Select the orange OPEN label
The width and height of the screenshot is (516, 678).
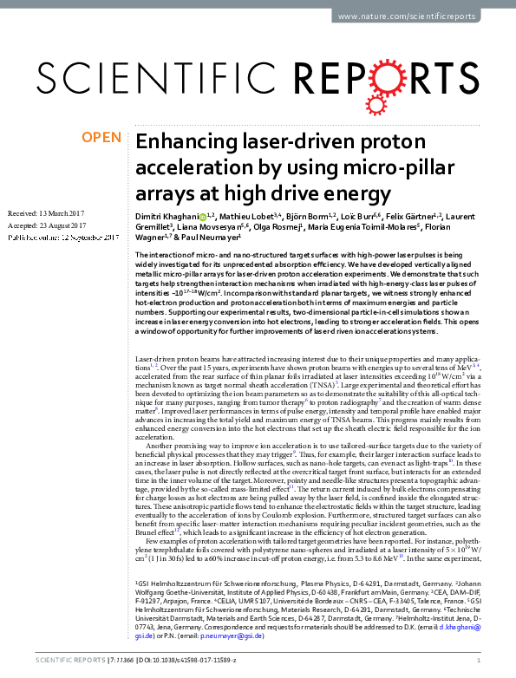[101, 137]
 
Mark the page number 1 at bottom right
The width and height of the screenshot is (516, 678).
[479, 662]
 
